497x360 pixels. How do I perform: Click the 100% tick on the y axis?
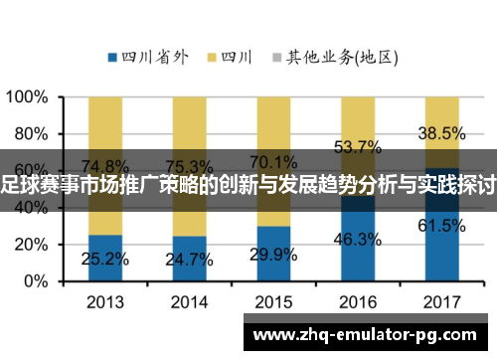[x=28, y=97]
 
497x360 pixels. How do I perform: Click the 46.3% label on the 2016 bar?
[x=357, y=239]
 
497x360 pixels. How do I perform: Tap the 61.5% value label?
[x=440, y=226]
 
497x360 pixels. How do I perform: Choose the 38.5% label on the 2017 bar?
[x=440, y=132]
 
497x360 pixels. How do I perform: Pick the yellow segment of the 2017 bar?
[x=440, y=124]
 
